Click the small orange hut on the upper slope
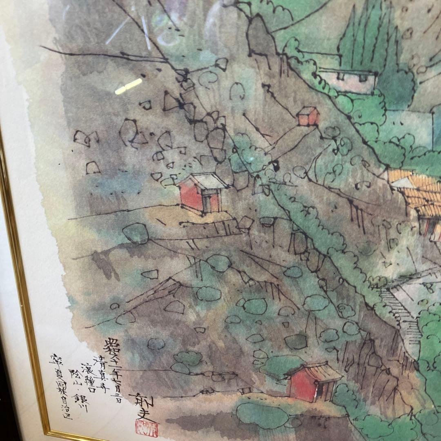pos(308,116)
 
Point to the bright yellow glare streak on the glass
pos(128,86)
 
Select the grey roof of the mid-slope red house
pos(208,180)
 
